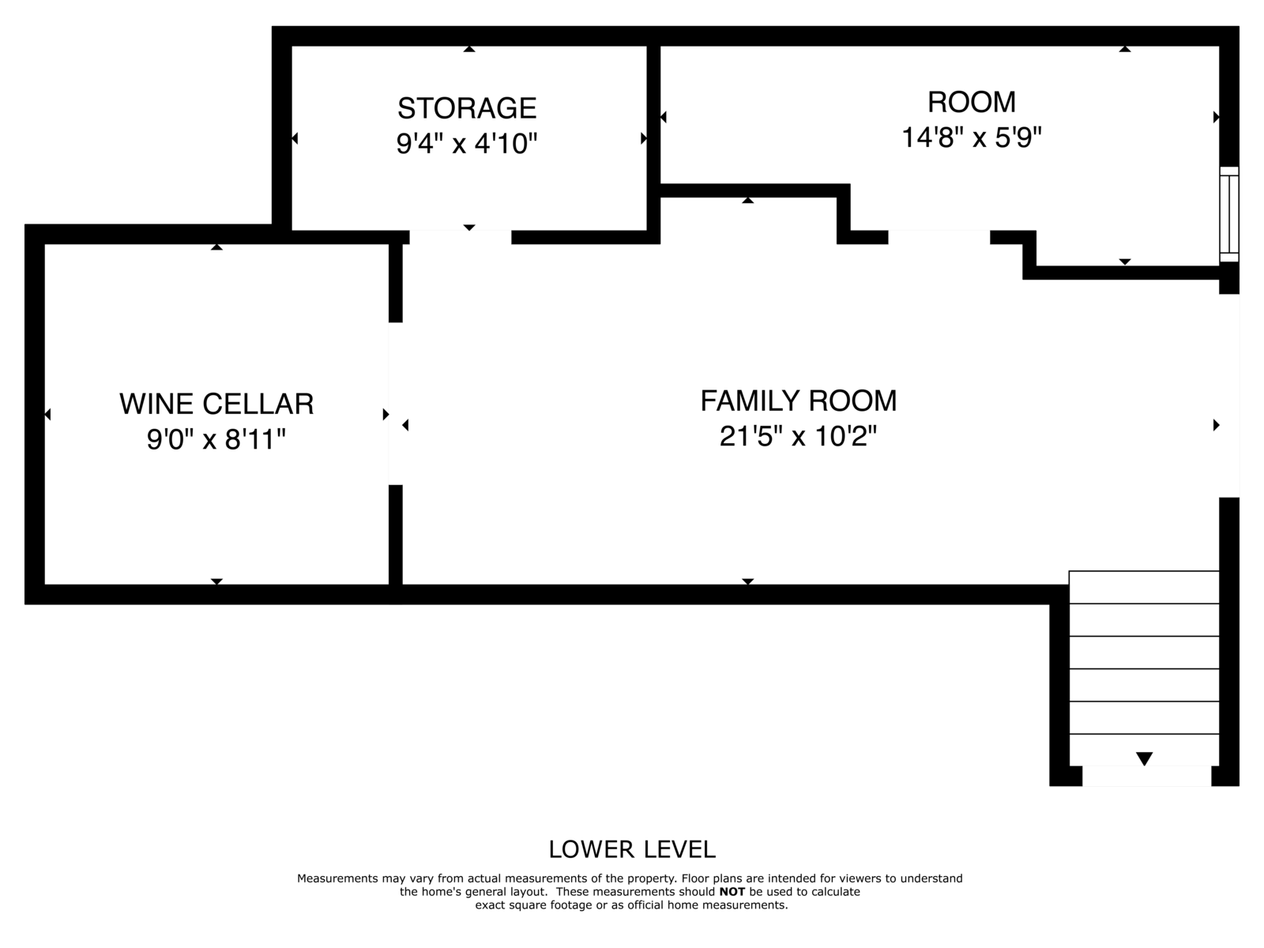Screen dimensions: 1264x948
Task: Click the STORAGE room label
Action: [467, 108]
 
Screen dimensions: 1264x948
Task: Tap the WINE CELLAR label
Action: [216, 404]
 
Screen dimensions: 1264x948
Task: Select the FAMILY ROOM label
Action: [799, 401]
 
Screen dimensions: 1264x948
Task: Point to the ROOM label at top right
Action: [972, 102]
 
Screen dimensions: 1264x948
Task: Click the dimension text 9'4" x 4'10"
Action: [466, 143]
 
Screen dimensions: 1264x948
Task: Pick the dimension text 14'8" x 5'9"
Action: [972, 137]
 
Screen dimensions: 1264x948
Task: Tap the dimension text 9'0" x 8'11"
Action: [216, 439]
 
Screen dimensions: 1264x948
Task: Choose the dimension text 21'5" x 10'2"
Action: [798, 436]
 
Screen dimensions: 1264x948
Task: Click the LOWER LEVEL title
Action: [632, 849]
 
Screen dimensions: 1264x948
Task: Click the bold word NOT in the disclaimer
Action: [732, 892]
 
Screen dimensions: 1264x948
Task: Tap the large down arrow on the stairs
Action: [1144, 758]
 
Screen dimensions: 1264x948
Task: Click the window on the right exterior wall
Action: [1229, 214]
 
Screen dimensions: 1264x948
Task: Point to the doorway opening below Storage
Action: [460, 237]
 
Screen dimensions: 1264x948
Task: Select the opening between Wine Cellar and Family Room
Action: [396, 404]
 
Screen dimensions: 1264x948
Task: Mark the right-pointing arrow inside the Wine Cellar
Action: [386, 415]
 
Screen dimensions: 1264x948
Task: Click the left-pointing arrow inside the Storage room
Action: [295, 138]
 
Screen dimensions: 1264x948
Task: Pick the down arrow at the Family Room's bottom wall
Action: [747, 581]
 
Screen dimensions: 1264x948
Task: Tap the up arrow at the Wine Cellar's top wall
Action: [216, 247]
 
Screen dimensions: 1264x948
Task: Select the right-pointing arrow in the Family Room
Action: [1216, 425]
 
